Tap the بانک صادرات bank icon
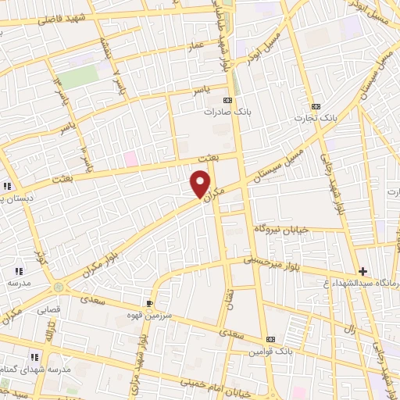(228, 101)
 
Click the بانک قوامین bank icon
(270, 339)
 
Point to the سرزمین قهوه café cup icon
(150, 302)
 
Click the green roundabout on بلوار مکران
(59, 287)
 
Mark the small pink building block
(130, 159)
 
